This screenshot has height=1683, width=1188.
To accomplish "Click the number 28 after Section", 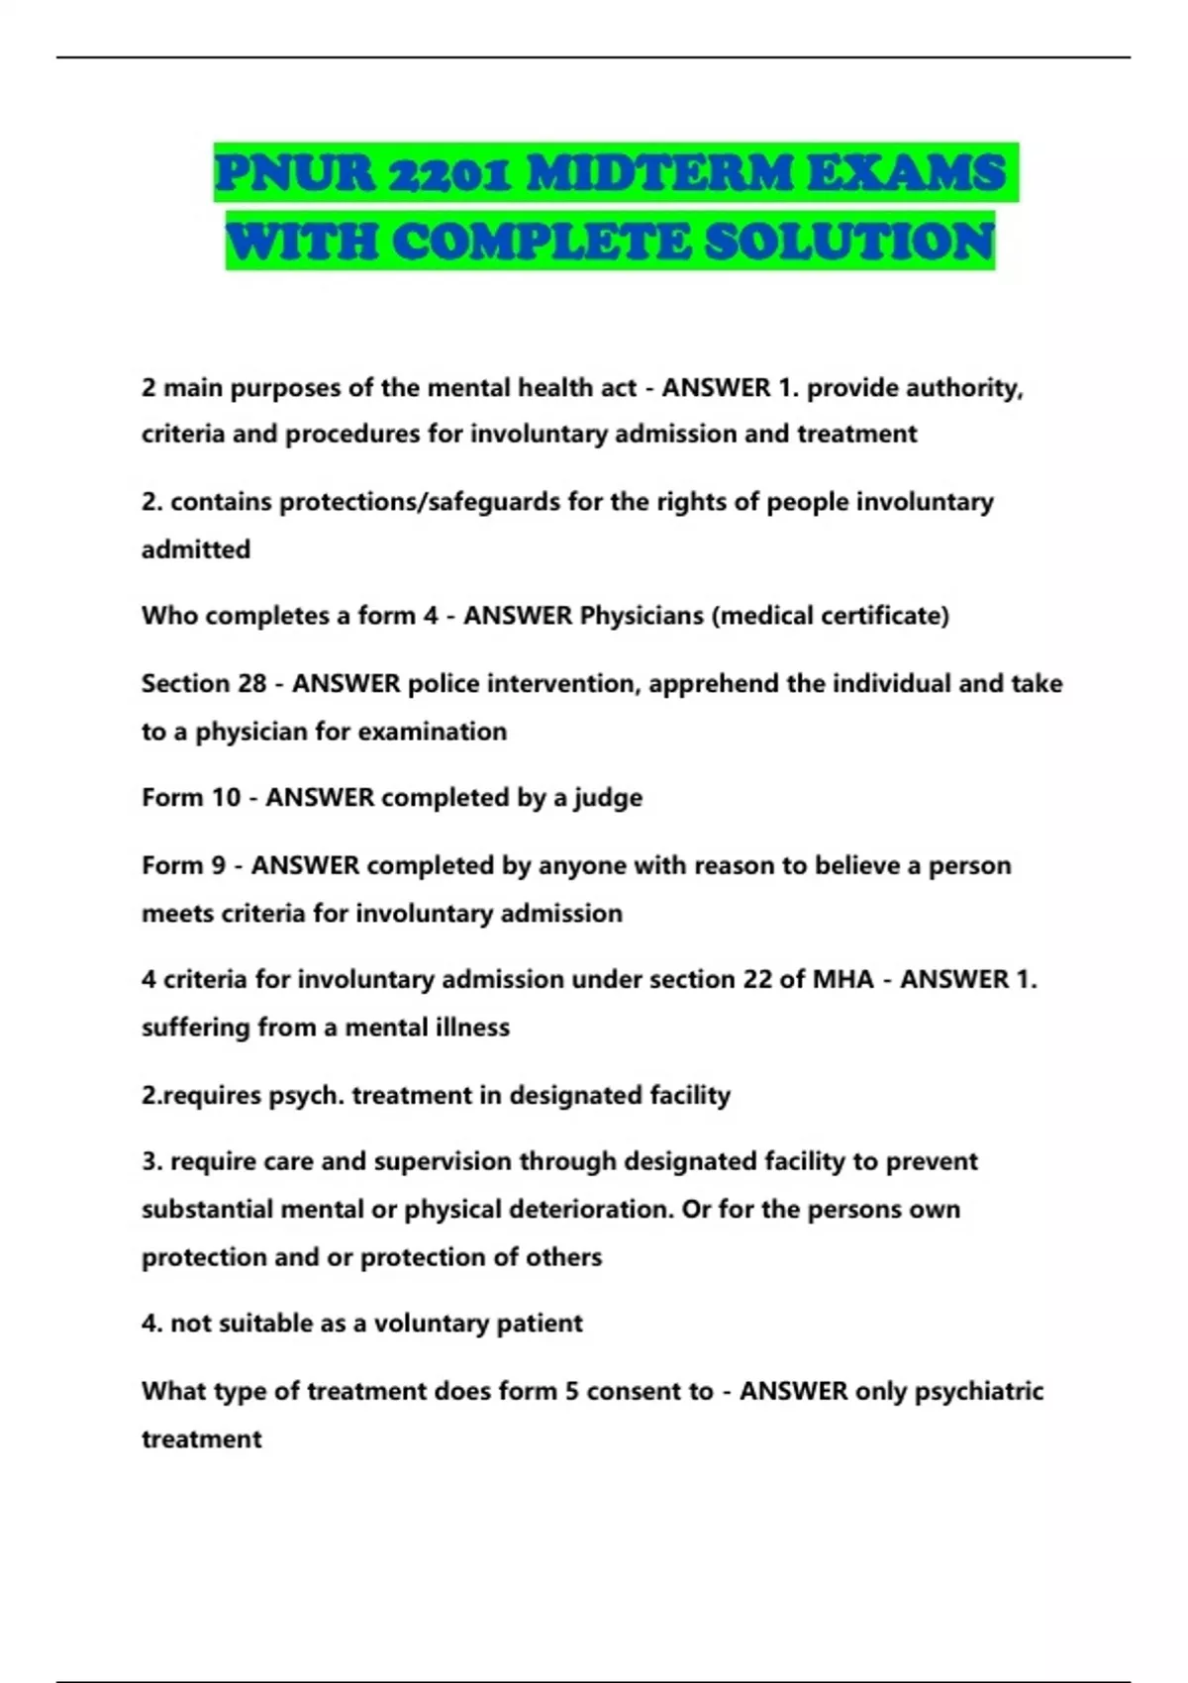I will tap(252, 683).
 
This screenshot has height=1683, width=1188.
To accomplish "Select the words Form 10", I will tap(191, 798).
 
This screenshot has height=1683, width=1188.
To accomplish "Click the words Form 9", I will tap(184, 865).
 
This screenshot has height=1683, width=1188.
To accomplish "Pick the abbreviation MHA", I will tap(842, 979).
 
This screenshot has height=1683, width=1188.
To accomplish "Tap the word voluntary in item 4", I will tap(435, 1324).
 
